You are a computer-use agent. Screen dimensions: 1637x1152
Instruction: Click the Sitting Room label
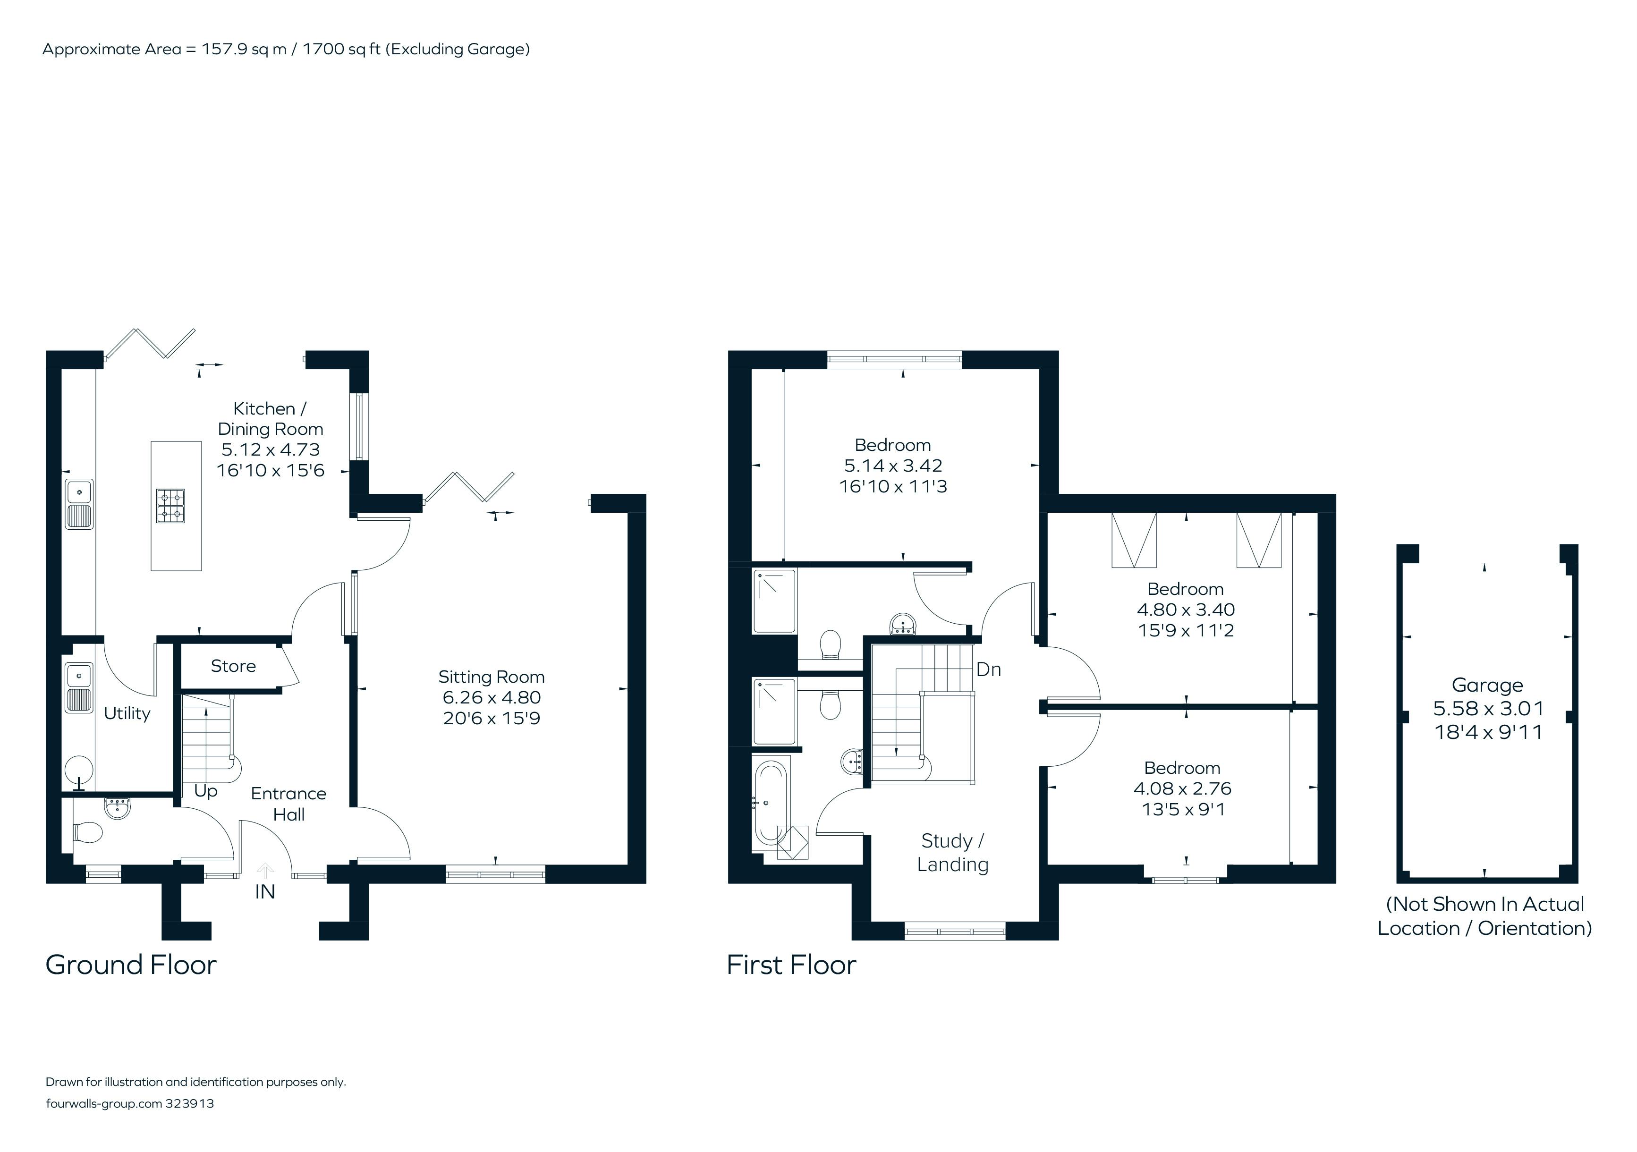(491, 677)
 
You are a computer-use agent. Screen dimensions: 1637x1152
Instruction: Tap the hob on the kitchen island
(170, 506)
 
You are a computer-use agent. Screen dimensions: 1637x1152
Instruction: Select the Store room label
(233, 666)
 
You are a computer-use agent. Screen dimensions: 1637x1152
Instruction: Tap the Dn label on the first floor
(988, 669)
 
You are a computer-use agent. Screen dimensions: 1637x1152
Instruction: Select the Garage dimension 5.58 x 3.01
(1488, 709)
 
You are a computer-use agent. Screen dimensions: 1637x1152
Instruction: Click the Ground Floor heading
(130, 965)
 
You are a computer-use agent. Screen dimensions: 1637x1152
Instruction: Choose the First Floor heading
(791, 965)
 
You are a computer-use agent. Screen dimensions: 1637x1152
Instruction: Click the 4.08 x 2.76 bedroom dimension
(1183, 788)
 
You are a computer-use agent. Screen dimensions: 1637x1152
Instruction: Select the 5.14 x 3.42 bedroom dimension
(893, 466)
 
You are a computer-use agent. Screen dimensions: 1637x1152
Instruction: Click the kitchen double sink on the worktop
(79, 504)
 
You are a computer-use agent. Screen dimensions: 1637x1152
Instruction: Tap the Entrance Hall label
(289, 804)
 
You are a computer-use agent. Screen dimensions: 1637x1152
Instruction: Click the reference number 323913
(190, 1103)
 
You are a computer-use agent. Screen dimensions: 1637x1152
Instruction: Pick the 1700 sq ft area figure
(341, 49)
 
